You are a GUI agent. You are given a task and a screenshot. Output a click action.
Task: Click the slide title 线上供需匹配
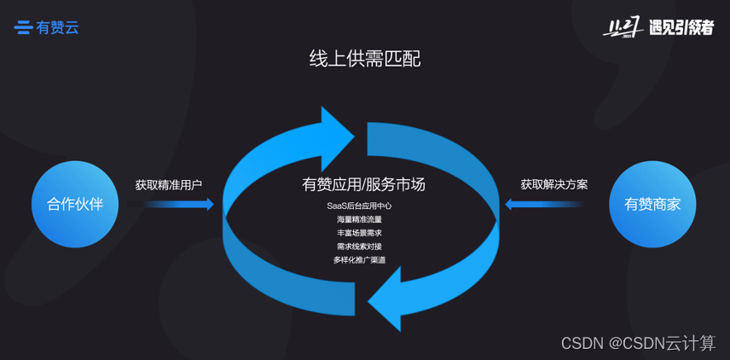tap(364, 59)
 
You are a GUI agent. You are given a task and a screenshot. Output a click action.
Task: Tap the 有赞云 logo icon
tap(23, 27)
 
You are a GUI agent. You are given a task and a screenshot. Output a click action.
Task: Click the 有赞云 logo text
tap(58, 27)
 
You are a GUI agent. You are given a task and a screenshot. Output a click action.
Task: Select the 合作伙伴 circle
tap(75, 204)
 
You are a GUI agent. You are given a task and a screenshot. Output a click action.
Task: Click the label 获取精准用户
tap(169, 184)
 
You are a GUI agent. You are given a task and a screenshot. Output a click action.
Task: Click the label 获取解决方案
tap(554, 184)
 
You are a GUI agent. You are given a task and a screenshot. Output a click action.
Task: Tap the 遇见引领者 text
tap(680, 28)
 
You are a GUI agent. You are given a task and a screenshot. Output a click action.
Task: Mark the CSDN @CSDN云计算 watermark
tap(638, 343)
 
